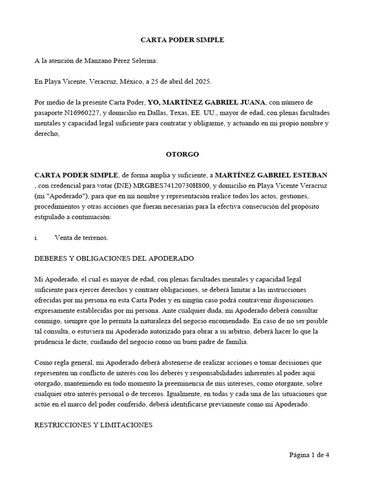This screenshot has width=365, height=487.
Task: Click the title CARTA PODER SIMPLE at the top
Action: point(182,40)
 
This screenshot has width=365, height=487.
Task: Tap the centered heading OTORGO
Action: point(182,155)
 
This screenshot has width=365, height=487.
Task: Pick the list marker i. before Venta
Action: point(37,237)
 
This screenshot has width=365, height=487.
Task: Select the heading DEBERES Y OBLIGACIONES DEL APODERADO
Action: point(114,258)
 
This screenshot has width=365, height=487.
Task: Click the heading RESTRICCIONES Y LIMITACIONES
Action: point(93,425)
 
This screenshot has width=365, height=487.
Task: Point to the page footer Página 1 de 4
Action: point(309,455)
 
